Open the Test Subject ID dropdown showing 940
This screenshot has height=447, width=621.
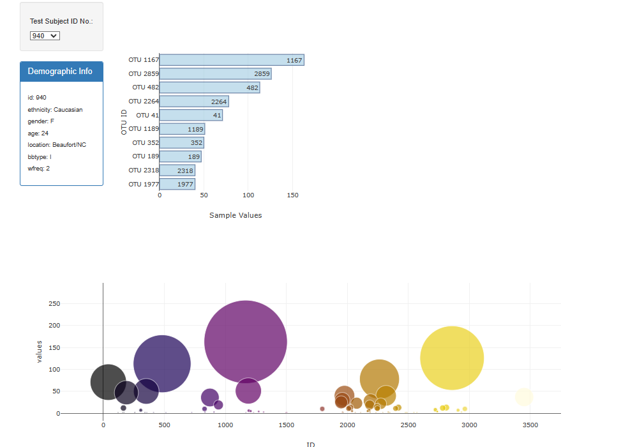[45, 36]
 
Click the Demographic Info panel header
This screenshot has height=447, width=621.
[61, 72]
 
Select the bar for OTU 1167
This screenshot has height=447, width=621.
[231, 60]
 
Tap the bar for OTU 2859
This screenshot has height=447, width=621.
[215, 74]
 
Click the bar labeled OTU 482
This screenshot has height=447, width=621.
[209, 87]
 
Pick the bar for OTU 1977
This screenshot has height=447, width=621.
[177, 185]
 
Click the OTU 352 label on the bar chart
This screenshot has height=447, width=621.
[144, 143]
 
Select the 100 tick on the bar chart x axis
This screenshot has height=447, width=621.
[248, 195]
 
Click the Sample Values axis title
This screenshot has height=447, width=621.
[236, 215]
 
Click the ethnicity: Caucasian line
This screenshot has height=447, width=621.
[55, 110]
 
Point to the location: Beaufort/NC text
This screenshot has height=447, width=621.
[57, 145]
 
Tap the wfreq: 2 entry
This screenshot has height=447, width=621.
[39, 169]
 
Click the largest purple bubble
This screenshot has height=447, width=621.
[246, 342]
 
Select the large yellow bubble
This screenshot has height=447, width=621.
[452, 358]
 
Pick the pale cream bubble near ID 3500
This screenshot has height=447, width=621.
[524, 397]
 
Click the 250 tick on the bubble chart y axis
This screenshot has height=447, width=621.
[54, 304]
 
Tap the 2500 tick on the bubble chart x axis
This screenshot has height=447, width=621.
[408, 425]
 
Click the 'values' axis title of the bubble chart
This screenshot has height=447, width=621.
[40, 352]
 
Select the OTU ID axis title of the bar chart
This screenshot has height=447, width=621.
[124, 122]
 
